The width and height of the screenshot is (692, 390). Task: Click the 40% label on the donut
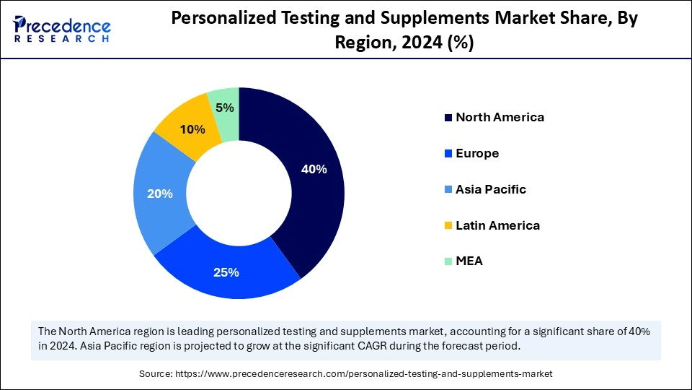tap(314, 170)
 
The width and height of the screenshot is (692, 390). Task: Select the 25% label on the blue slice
tap(226, 272)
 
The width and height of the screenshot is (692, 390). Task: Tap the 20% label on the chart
tap(159, 194)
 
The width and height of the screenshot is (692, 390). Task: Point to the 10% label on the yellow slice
tap(192, 130)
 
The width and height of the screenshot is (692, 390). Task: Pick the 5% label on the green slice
tap(224, 108)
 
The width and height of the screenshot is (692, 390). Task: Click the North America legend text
tap(500, 117)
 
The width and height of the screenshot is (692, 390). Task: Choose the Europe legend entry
tap(477, 153)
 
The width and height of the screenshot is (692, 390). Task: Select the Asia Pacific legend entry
tap(491, 189)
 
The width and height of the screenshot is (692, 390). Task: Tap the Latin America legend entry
tap(497, 225)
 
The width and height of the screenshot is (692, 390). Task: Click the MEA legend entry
tap(469, 261)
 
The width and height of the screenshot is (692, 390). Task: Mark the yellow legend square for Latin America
tap(448, 226)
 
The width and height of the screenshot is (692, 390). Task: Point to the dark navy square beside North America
tap(448, 118)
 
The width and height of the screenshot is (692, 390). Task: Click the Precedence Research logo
tap(62, 29)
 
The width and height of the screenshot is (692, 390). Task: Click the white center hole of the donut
tap(239, 193)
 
